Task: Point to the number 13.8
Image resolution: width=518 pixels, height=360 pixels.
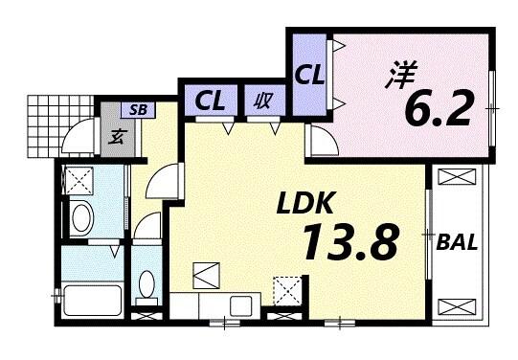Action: [349, 243]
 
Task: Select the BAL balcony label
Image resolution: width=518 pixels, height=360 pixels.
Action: [459, 241]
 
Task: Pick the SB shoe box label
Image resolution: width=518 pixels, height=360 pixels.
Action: [138, 109]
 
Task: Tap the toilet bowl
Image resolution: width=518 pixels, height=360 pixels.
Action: [146, 284]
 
